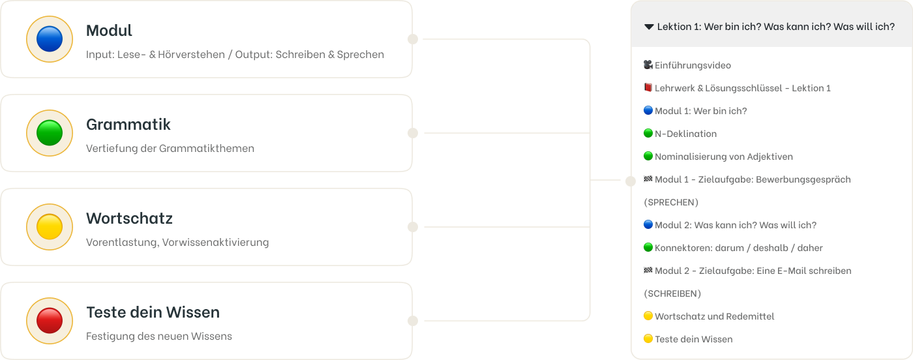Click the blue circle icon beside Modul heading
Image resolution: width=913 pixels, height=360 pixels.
pos(50,39)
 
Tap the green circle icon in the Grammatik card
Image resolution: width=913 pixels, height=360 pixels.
pos(50,133)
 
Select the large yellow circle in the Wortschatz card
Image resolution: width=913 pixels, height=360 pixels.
pos(50,227)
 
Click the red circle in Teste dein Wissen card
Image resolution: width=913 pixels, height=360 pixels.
pos(50,321)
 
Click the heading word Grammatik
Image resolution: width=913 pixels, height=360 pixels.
pos(128,125)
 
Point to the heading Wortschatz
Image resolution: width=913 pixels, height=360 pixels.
pos(129,218)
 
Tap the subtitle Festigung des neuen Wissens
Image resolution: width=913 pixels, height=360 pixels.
pos(159,337)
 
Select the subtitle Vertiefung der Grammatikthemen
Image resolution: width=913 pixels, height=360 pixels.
pos(170,149)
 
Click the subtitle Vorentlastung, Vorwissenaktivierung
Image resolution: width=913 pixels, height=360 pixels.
pos(177,243)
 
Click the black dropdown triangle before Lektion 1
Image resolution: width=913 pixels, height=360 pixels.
pos(649,27)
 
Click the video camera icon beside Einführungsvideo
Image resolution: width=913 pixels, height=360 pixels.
pos(648,65)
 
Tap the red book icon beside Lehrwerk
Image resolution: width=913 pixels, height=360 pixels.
pos(648,87)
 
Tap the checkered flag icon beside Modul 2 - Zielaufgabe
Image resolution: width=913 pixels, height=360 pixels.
pos(648,270)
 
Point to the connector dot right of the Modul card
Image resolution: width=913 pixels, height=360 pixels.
pos(413,39)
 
